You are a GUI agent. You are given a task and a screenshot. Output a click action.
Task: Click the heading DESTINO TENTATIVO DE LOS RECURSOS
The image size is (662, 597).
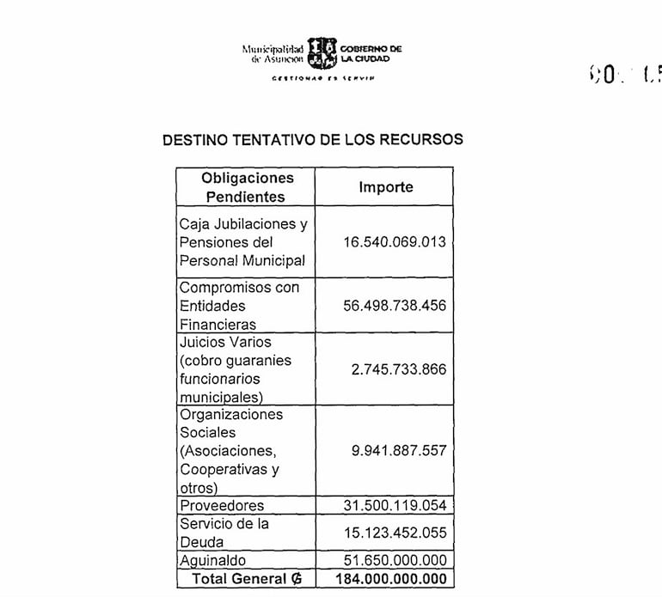click(312, 140)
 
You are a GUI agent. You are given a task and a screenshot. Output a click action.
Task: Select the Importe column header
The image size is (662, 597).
click(385, 186)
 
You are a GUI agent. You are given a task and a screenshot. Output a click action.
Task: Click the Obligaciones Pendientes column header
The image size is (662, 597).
click(246, 187)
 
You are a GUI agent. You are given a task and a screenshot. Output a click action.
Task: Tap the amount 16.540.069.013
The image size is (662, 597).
click(395, 242)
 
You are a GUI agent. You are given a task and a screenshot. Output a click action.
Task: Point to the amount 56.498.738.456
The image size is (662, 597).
click(395, 305)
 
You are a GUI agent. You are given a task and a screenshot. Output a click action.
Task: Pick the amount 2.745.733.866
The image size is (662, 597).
click(399, 369)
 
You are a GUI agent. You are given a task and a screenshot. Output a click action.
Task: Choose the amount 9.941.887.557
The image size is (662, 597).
click(399, 450)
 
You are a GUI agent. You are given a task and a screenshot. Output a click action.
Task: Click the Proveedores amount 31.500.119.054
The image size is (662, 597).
click(395, 505)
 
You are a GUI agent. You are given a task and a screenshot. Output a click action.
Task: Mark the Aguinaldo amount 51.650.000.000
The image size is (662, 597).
click(395, 560)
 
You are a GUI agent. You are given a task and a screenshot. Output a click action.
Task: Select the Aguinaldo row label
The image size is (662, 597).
click(212, 561)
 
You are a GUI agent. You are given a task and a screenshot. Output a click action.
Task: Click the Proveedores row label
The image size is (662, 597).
click(222, 505)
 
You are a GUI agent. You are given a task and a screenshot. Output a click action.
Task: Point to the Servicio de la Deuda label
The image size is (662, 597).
click(224, 533)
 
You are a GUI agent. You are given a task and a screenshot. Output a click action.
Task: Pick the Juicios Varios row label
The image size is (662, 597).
click(236, 369)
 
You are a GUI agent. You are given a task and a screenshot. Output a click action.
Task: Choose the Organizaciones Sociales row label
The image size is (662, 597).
click(230, 450)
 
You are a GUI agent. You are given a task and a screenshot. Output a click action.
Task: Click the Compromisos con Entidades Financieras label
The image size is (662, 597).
click(239, 305)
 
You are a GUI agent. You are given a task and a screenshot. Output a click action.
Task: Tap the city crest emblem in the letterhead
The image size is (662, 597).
click(322, 53)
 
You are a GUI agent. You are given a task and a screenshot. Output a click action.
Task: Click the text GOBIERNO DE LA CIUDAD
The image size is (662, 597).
click(371, 54)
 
